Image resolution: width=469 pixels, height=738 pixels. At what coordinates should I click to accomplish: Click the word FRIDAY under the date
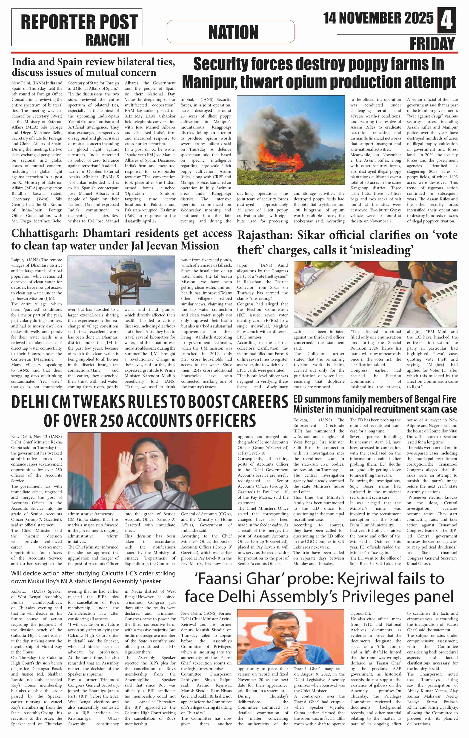432,44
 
